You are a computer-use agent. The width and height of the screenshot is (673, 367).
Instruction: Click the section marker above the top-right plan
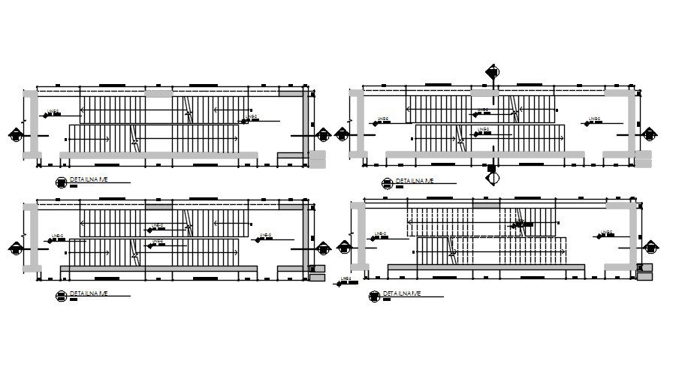[x=493, y=72]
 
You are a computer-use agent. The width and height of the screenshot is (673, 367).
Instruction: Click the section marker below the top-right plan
[x=493, y=178]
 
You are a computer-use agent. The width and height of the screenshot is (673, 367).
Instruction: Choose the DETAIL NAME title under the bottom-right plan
[x=403, y=293]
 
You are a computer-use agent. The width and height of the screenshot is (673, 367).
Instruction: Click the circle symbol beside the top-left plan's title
[x=60, y=182]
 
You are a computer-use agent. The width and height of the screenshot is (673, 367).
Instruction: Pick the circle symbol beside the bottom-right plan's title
[x=374, y=296]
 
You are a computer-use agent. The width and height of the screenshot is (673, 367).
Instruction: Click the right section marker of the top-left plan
[x=324, y=136]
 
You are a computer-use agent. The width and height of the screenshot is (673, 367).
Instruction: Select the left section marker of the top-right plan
[x=343, y=136]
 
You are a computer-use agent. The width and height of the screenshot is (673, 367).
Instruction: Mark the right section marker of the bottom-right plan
[x=648, y=248]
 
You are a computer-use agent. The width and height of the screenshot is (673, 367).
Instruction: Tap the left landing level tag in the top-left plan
[x=52, y=113]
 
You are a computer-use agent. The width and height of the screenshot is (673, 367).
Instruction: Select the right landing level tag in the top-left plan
[x=249, y=117]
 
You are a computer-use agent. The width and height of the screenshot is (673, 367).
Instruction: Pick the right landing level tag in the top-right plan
[x=593, y=120]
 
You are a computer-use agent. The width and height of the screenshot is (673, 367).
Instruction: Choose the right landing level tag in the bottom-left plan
[x=264, y=237]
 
